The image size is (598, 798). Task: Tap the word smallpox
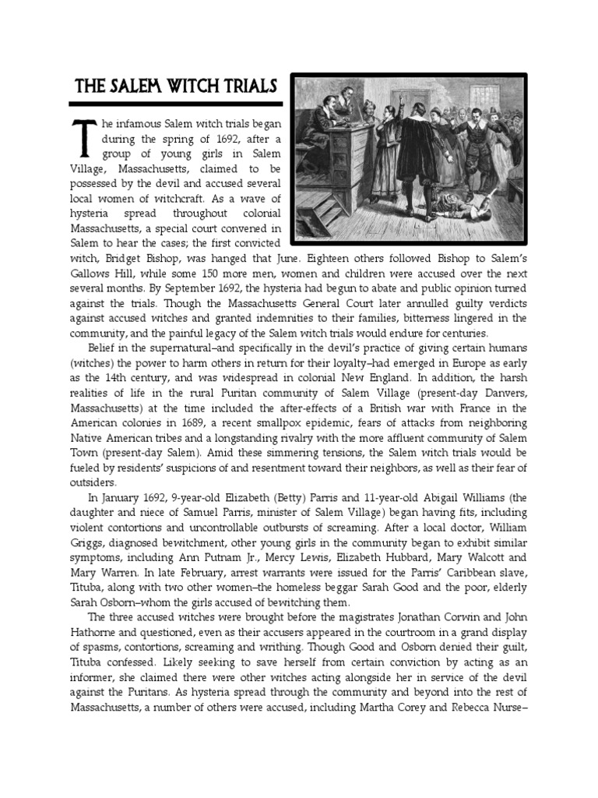[x=267, y=422]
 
